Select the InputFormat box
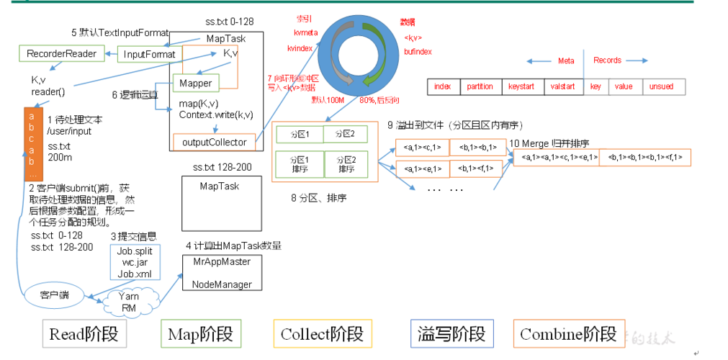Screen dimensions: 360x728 149,54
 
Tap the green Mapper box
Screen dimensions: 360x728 195,84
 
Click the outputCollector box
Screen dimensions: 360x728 214,142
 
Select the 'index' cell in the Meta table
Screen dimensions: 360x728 443,86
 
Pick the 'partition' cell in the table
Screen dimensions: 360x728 480,86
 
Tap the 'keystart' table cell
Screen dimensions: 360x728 521,86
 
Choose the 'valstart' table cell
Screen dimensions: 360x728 563,86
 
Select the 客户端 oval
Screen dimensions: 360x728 54,294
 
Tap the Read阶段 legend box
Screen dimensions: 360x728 84,334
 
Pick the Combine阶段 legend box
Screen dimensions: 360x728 567,334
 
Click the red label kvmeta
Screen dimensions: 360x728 306,32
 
